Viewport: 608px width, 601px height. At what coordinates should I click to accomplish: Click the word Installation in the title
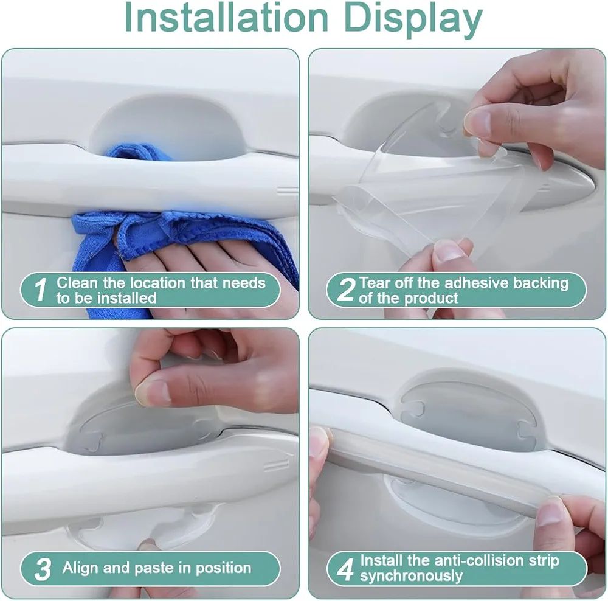click(x=226, y=18)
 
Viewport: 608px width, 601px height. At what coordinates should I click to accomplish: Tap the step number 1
click(x=40, y=289)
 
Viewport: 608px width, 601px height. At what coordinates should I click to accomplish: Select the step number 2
click(x=346, y=289)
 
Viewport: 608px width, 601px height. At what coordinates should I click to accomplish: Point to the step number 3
click(x=43, y=569)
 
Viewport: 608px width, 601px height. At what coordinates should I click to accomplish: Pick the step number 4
click(x=345, y=569)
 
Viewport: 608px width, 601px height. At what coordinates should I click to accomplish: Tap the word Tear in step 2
click(x=374, y=282)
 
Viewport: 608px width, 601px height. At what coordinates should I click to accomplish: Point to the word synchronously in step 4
click(x=412, y=576)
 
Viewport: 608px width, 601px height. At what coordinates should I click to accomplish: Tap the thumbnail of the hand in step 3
click(x=153, y=392)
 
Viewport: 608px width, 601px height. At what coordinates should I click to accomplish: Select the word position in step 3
click(x=223, y=569)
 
